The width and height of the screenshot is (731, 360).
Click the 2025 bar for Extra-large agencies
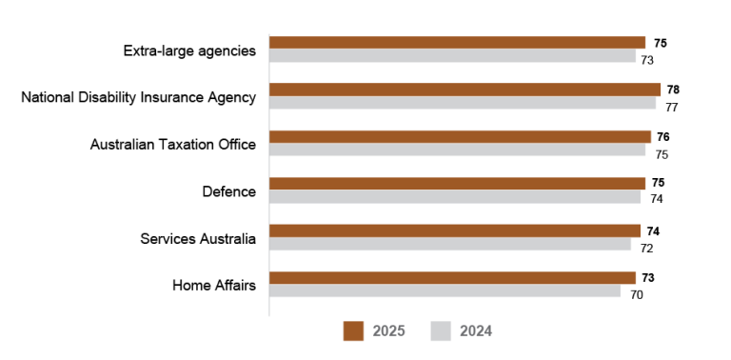pos(457,43)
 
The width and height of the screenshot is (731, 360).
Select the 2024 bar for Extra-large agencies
pos(452,56)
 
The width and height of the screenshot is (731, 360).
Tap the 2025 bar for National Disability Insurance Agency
pos(464,90)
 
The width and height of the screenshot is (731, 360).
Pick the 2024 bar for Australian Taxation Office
pos(457,150)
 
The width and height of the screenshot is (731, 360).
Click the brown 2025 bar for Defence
pos(457,183)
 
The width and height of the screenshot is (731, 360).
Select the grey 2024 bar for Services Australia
pos(449,244)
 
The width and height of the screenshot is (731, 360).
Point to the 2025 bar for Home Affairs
pos(452,277)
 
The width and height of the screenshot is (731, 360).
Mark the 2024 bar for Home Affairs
pos(445,290)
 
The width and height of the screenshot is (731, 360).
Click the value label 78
pos(673,90)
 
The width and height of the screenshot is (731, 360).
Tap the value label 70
pos(636,295)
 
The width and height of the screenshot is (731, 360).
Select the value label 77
pos(671,107)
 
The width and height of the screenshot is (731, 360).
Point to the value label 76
pos(663,137)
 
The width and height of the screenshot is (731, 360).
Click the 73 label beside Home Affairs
pos(648,278)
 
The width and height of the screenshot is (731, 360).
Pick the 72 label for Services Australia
pos(646,249)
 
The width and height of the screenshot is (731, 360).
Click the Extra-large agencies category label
pos(189,50)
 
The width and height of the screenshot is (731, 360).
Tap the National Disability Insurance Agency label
pos(139,97)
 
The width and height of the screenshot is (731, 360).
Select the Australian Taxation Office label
pos(173,145)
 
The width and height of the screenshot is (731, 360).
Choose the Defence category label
pos(229,191)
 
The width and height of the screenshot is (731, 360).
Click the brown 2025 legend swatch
pos(353,330)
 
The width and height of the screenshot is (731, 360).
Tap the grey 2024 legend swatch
pos(441,330)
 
